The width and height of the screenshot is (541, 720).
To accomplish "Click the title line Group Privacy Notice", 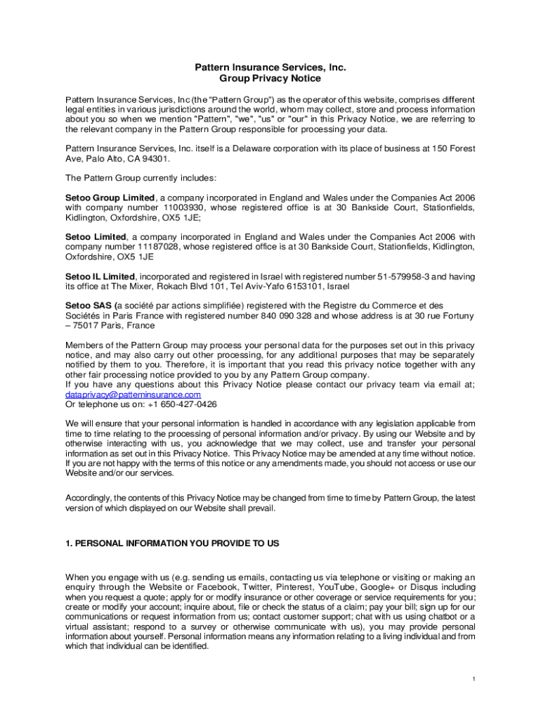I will click(270, 79).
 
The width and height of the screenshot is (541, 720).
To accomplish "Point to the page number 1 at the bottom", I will click(474, 679).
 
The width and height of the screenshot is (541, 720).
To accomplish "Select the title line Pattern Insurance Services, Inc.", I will click(270, 67).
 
